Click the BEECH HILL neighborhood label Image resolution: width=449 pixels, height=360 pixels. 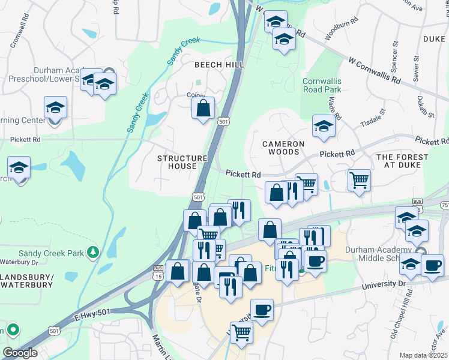click(217, 64)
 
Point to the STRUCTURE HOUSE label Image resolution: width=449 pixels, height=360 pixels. click(182, 162)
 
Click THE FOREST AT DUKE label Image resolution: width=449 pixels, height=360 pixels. click(402, 162)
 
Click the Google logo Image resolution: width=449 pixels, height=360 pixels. click(20, 353)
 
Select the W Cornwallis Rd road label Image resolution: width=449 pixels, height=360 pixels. click(379, 70)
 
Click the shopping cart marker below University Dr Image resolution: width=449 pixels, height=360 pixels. click(241, 332)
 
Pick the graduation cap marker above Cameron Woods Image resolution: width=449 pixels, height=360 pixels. click(323, 127)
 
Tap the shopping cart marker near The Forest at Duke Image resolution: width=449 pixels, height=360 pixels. click(359, 179)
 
